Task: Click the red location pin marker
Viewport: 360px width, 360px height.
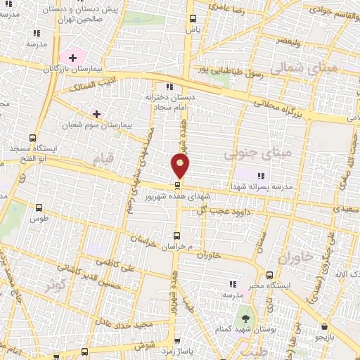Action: pos(180,166)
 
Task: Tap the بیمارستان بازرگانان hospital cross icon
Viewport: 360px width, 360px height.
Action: pos(72,56)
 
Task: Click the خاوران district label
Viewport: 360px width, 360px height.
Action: pos(293,257)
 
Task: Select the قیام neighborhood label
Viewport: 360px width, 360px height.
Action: pos(102,160)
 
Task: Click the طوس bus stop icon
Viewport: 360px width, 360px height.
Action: pos(39,207)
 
